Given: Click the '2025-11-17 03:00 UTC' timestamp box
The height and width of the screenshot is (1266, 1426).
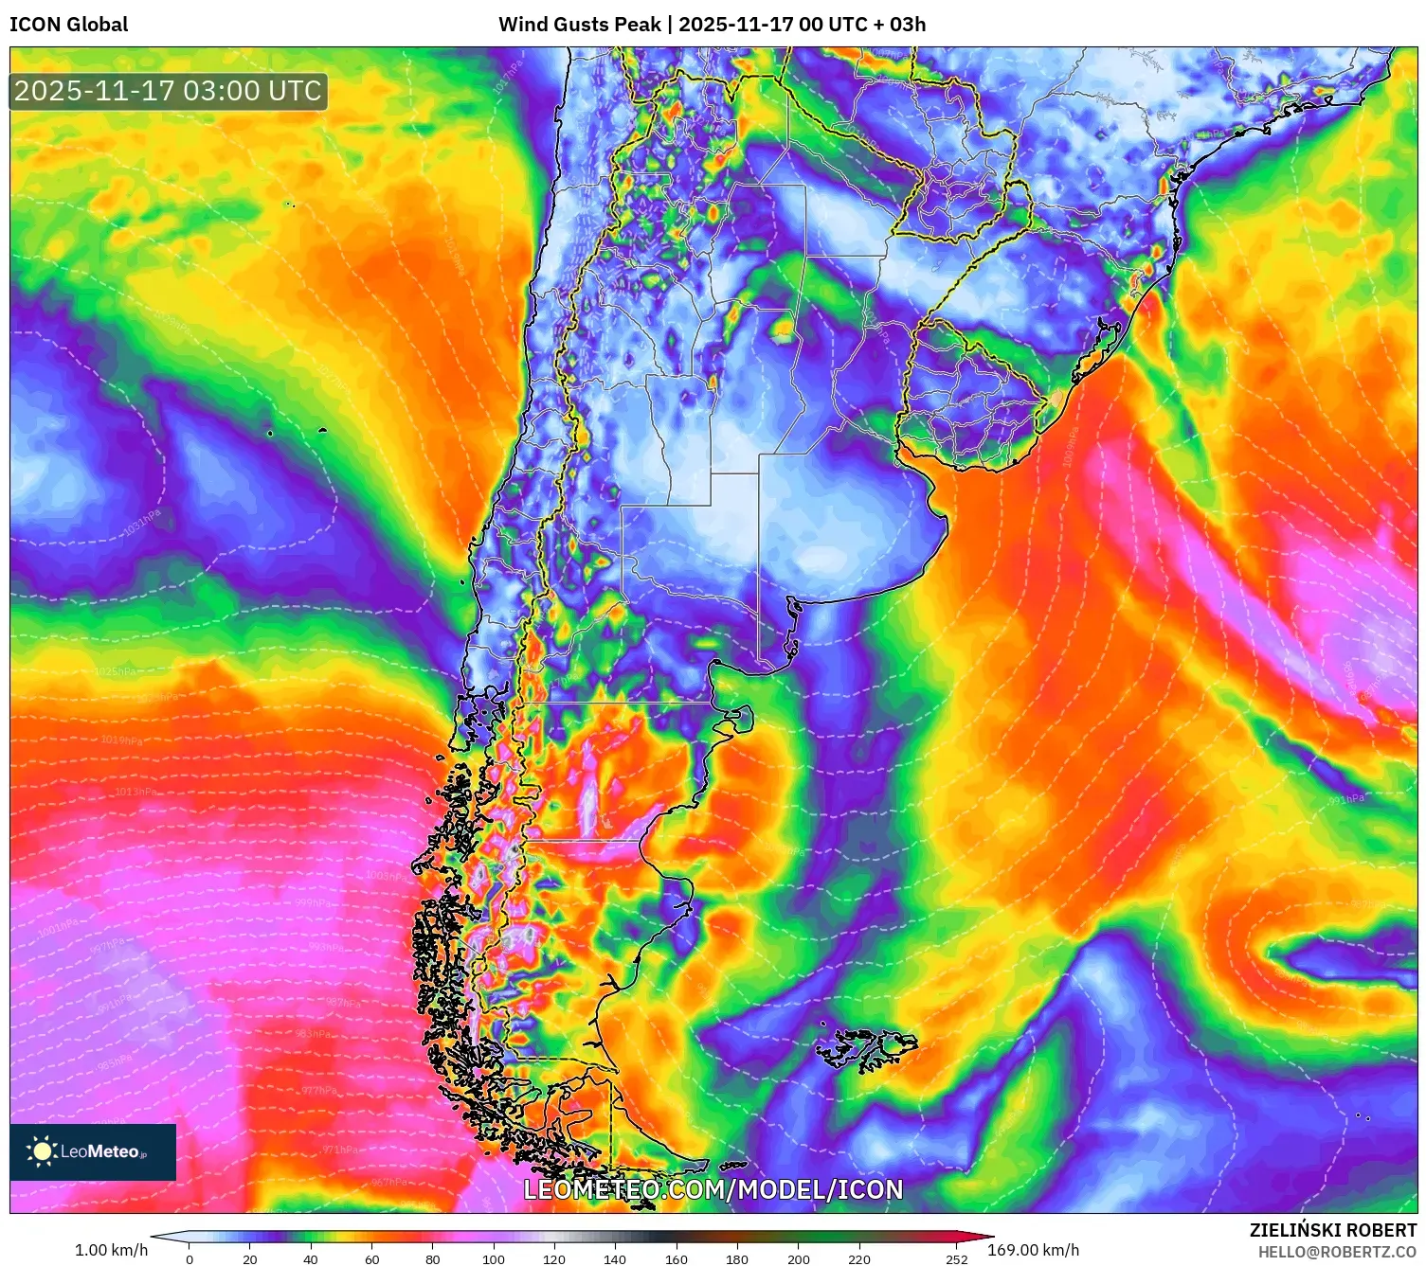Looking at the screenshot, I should [x=169, y=92].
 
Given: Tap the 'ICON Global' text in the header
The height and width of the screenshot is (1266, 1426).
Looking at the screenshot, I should [x=68, y=25].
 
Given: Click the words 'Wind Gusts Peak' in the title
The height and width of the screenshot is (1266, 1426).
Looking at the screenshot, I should [x=579, y=25].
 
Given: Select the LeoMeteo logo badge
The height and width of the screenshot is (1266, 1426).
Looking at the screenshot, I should [x=93, y=1151].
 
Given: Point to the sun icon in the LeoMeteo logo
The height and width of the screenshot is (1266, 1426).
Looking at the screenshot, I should [x=42, y=1151].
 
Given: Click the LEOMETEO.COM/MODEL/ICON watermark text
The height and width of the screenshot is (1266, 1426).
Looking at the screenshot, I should [x=713, y=1189].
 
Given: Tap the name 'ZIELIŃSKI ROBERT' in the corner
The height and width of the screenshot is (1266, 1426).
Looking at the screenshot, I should [x=1332, y=1230].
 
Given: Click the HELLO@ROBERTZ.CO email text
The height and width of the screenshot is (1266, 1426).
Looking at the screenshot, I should [x=1337, y=1252].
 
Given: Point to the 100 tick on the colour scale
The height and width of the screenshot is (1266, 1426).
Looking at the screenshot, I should [x=494, y=1259].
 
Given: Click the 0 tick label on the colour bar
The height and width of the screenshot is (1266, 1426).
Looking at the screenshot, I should [x=190, y=1259].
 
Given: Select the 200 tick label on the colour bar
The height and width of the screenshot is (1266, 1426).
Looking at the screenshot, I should [x=798, y=1259].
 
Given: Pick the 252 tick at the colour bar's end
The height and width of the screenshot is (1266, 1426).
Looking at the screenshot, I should [x=956, y=1259].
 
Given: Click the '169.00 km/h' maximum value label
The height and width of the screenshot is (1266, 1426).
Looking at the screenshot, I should [x=1033, y=1250].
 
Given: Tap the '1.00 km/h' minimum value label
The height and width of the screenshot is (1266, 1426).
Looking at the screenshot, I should [x=111, y=1250].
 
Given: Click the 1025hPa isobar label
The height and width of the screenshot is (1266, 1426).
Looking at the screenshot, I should [x=115, y=671].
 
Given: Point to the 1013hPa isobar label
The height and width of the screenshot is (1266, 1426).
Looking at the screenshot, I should [x=135, y=792].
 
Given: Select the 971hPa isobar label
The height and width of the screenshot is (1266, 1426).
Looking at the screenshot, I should [x=339, y=1150].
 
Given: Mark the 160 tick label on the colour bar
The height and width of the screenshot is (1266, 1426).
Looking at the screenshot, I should [x=676, y=1259].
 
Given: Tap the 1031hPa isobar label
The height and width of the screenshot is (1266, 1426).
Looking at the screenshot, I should [x=142, y=523].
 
